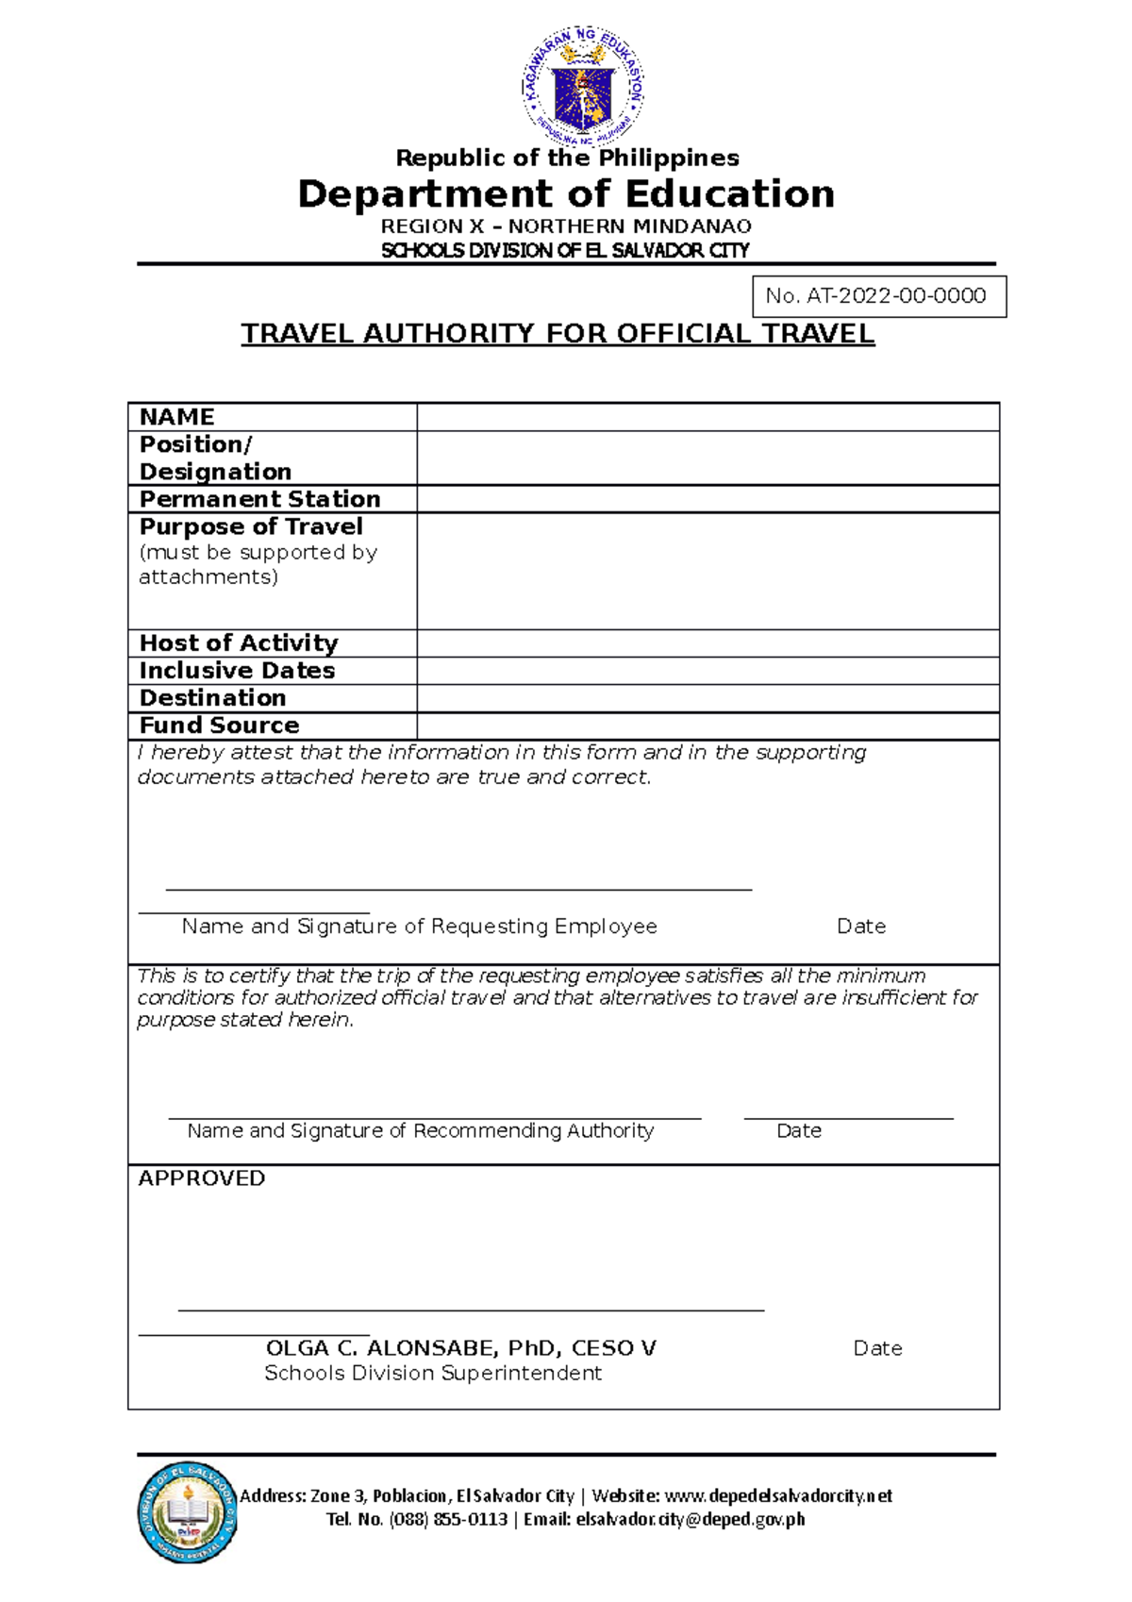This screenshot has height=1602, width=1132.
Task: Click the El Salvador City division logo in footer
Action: [x=187, y=1512]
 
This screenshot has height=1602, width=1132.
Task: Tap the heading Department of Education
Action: [x=566, y=194]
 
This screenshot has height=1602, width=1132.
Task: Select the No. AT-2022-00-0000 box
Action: [x=878, y=296]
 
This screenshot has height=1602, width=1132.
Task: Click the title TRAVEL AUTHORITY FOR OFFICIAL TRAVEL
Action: [x=558, y=334]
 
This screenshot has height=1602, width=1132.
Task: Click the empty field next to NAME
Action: [x=707, y=417]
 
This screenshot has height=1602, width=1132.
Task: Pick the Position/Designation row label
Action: [x=215, y=458]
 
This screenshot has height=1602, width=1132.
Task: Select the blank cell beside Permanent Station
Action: [x=707, y=499]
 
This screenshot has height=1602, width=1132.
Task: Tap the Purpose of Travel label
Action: [x=251, y=526]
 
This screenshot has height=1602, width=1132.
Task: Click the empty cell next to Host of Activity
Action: [x=707, y=643]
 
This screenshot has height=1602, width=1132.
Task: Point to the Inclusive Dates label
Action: [x=237, y=671]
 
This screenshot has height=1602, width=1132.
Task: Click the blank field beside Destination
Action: [x=707, y=698]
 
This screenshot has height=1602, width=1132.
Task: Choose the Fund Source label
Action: [x=219, y=726]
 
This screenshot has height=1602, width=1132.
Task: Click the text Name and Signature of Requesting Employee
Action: [x=419, y=926]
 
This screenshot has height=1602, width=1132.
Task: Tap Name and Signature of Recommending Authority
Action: [x=420, y=1130]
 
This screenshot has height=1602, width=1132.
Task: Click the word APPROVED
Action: [x=201, y=1178]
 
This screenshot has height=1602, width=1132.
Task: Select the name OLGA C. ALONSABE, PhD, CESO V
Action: [x=460, y=1348]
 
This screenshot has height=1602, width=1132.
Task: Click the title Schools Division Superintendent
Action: [x=432, y=1373]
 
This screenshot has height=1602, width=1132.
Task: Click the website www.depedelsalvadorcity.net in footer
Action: [x=778, y=1495]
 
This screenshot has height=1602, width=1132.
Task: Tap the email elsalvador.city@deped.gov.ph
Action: [x=691, y=1519]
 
